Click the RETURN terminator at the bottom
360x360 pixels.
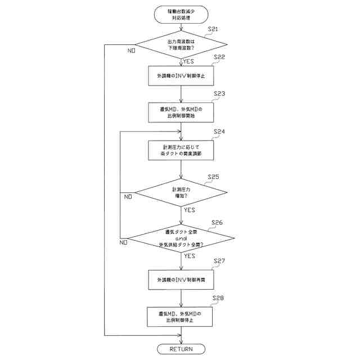tap(181, 349)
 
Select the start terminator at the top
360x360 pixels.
tap(181, 14)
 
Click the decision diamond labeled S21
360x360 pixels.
tap(181, 44)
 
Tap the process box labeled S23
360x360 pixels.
tap(181, 111)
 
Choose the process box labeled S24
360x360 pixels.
tap(181, 150)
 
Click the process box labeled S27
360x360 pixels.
tap(181, 279)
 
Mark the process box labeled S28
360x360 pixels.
tap(181, 316)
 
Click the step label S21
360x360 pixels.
tap(213, 29)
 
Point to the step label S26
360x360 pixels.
tap(217, 223)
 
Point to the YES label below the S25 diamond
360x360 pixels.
tap(190, 210)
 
